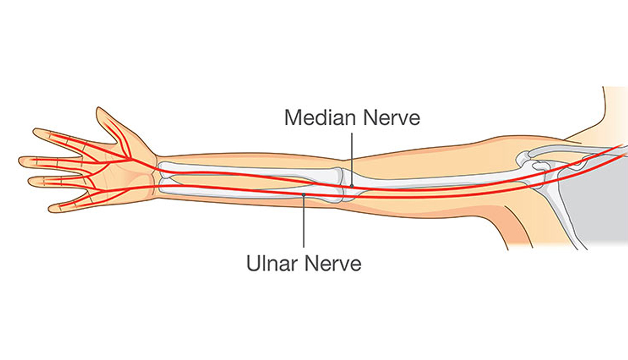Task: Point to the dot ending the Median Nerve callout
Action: click(x=352, y=186)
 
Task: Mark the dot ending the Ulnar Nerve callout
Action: click(x=304, y=194)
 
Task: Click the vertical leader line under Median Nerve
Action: click(x=352, y=157)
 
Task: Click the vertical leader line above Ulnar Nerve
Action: click(x=304, y=223)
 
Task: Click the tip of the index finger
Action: click(x=36, y=132)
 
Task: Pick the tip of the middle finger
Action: click(x=21, y=161)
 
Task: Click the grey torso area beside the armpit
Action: click(x=595, y=209)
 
